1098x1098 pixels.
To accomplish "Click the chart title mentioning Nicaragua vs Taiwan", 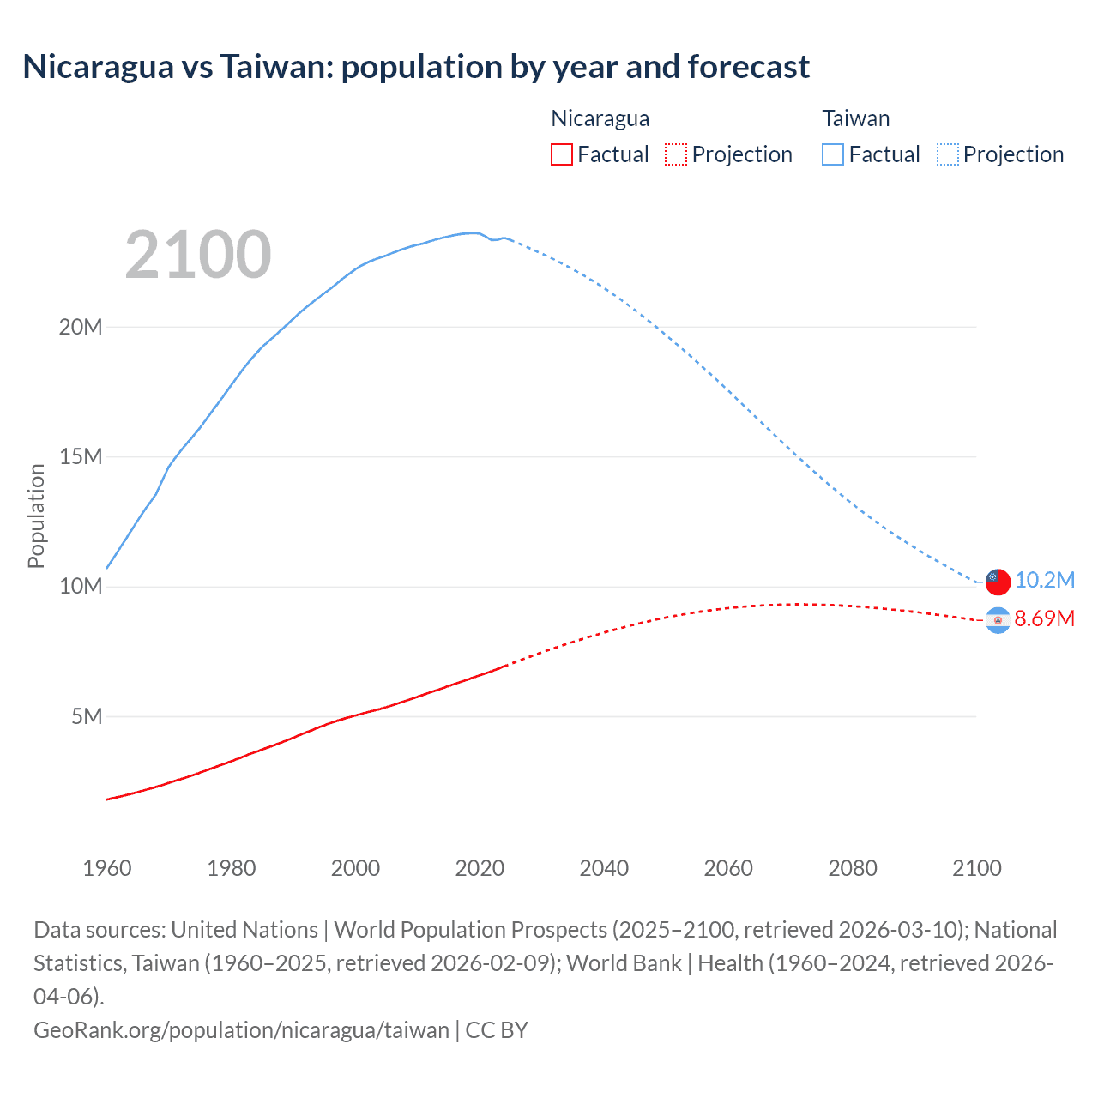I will [416, 67].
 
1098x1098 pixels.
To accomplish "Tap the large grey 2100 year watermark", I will [198, 255].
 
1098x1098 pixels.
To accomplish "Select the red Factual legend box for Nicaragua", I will [561, 154].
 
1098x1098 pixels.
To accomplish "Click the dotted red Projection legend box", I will [676, 154].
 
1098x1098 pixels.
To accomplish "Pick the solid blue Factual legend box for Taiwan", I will [832, 154].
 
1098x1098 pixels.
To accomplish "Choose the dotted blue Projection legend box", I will [947, 154].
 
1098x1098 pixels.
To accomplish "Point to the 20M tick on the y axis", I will [81, 327].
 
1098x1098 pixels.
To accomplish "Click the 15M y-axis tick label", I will [81, 456].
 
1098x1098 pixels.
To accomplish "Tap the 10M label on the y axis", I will [81, 586].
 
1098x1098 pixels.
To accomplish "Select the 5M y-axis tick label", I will [87, 716].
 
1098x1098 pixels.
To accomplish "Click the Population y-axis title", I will [36, 516].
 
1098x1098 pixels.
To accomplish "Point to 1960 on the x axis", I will [107, 868].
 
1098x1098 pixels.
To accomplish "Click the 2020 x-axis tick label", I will [480, 868].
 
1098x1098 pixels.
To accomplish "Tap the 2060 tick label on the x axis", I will [728, 868].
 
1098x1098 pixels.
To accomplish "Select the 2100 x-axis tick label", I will [977, 868].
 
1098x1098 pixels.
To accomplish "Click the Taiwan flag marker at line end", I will [998, 581].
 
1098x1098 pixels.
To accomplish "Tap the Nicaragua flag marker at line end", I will [998, 619].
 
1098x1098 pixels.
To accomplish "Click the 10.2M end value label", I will [1045, 581].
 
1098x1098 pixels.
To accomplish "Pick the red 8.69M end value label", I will [1045, 619].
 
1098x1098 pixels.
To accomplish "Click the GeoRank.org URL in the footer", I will [241, 1030].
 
